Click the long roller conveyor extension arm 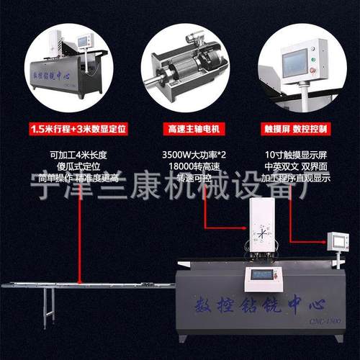point(86,285)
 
